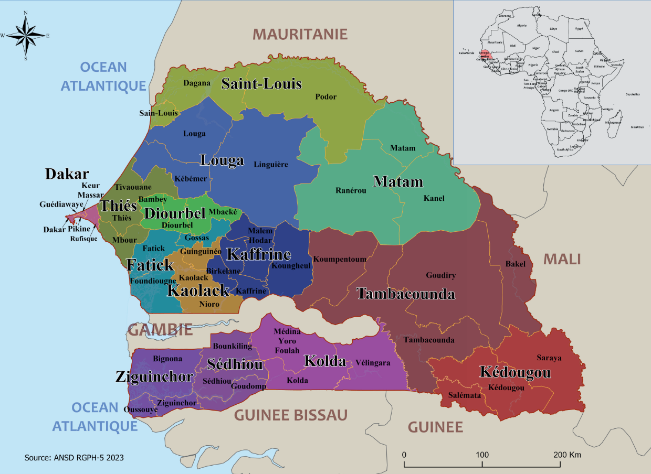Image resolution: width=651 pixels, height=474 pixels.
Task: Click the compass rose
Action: pos(25,36)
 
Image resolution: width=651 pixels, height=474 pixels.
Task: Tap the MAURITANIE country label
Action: pos(300,35)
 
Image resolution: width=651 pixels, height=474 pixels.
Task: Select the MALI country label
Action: pos(562,259)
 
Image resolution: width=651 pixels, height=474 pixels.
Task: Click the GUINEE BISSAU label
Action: pos(290,415)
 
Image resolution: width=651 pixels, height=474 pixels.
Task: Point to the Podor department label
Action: pos(325,96)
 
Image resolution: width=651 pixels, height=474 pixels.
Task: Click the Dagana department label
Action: pos(197,83)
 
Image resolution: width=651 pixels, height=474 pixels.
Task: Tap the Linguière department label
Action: pos(271,165)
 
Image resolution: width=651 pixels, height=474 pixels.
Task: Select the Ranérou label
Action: pos(351,190)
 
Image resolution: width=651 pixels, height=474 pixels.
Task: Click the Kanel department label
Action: pos(434,198)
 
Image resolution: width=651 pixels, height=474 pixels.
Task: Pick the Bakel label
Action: pos(515,264)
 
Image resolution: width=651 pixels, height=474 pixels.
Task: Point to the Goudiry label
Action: pos(440,275)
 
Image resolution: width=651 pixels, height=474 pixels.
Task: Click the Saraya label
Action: pos(549,358)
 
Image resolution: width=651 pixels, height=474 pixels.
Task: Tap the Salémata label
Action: pos(464,395)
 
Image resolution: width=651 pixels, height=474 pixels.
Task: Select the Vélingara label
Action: pos(372,362)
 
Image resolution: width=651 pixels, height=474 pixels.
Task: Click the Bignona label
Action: pos(167,359)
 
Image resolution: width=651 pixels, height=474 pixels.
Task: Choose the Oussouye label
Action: pos(140,410)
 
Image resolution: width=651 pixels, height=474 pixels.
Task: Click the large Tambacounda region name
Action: pos(405,294)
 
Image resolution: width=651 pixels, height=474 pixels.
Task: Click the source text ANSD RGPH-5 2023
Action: pos(74,458)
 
